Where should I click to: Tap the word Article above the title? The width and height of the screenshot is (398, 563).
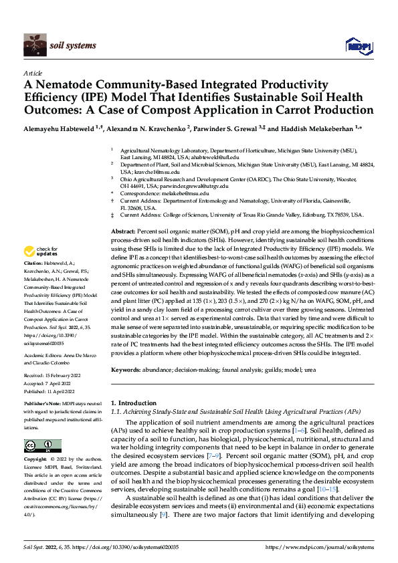(x=33, y=72)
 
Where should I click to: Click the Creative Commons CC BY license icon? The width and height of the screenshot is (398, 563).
(x=39, y=445)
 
